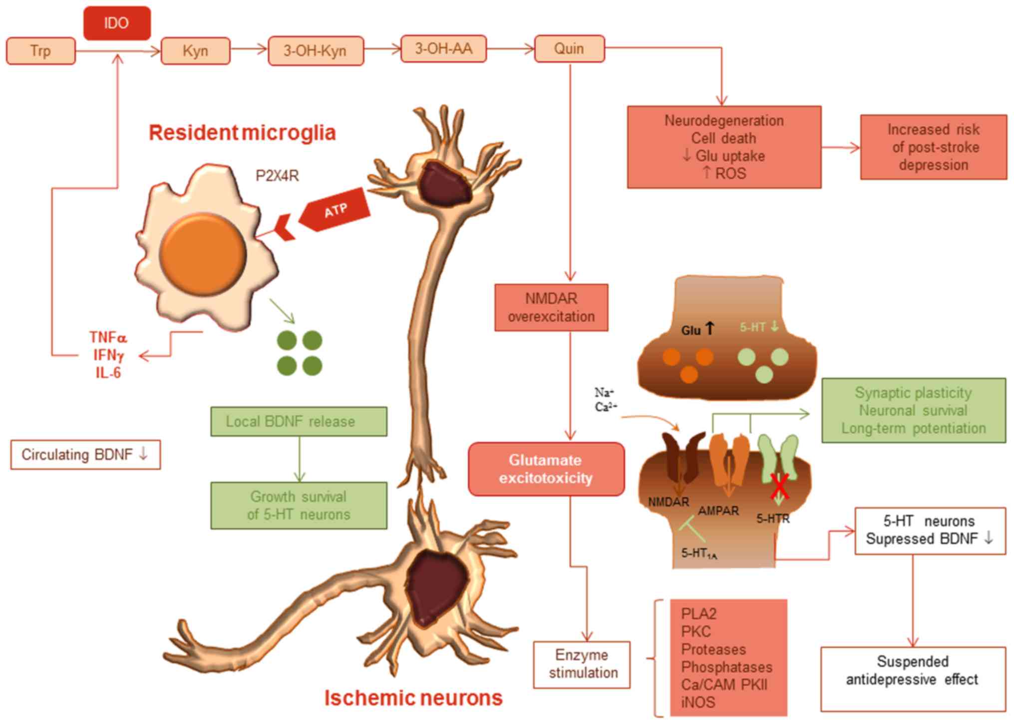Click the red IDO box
point(117,23)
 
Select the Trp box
point(41,51)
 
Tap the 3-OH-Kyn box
point(316,51)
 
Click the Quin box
point(569,49)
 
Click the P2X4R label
point(277,176)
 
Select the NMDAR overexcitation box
point(551,308)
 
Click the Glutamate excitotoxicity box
point(546,469)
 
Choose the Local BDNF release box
point(299,422)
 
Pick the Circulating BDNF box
point(85,455)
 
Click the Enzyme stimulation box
point(582,665)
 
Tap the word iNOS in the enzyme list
point(698,703)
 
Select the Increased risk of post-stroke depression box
point(933,147)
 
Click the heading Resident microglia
point(242,133)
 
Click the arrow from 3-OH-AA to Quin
point(510,49)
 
